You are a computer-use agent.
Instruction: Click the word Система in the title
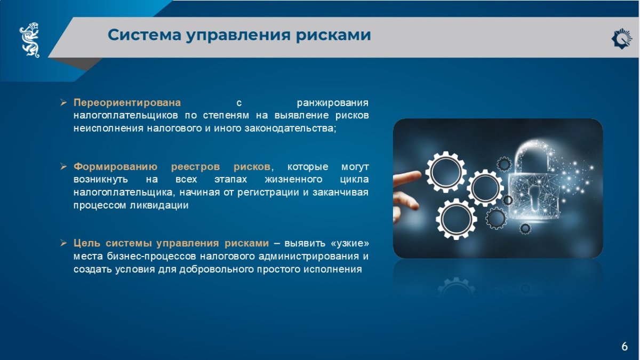pyautogui.click(x=145, y=35)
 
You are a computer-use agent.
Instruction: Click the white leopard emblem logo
pyautogui.click(x=30, y=39)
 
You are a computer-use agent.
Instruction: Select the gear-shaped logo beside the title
pyautogui.click(x=621, y=39)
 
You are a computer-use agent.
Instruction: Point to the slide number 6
pyautogui.click(x=625, y=346)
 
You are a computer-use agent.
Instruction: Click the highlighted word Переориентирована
pyautogui.click(x=127, y=102)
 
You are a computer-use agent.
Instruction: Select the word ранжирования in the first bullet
pyautogui.click(x=333, y=103)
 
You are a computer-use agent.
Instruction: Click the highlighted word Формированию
pyautogui.click(x=115, y=166)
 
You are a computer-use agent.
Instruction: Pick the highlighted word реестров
pyautogui.click(x=195, y=167)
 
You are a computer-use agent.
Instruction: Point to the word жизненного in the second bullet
pyautogui.click(x=293, y=179)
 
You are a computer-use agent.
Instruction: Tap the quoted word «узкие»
pyautogui.click(x=350, y=243)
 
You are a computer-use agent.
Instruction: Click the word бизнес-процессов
pyautogui.click(x=151, y=256)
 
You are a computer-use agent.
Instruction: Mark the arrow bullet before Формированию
pyautogui.click(x=63, y=166)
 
